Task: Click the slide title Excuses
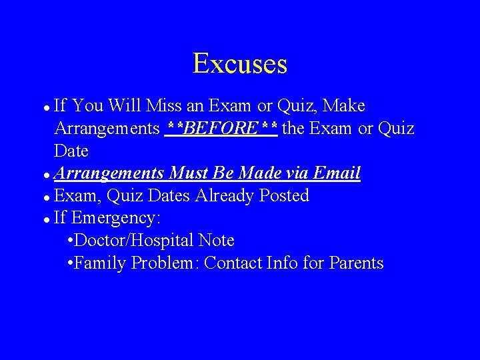pyautogui.click(x=240, y=64)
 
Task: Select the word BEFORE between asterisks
pyautogui.click(x=220, y=128)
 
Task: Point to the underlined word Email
pyautogui.click(x=337, y=173)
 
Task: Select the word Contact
pyautogui.click(x=233, y=263)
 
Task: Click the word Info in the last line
pyautogui.click(x=281, y=263)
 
